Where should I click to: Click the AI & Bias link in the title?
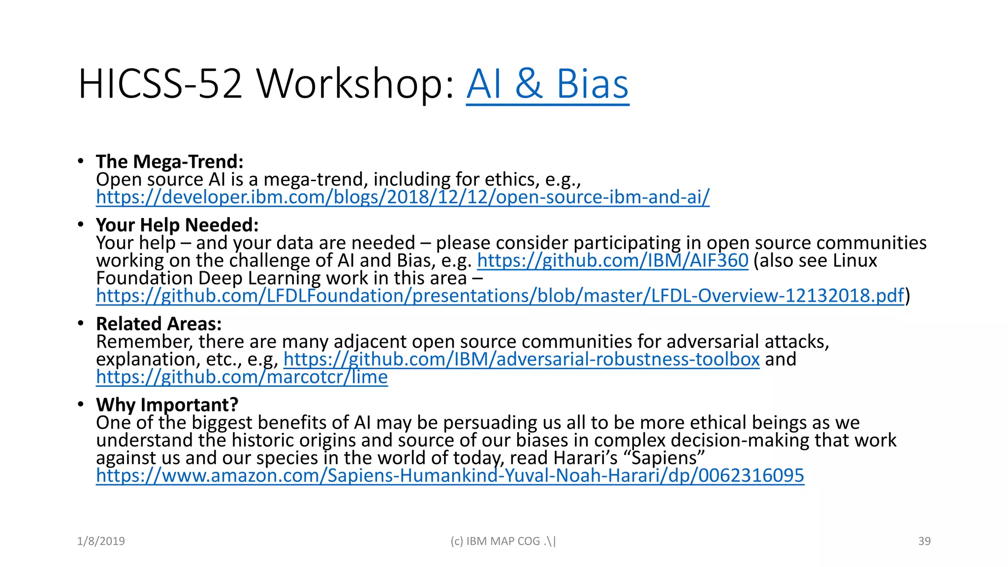(547, 84)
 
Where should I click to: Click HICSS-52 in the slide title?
(160, 84)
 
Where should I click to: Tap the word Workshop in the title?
(354, 84)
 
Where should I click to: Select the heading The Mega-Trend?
(170, 161)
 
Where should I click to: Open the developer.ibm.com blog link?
(403, 197)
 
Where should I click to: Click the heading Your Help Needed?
(177, 225)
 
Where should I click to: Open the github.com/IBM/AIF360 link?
(612, 260)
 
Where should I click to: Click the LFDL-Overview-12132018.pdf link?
(500, 296)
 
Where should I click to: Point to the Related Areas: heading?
(158, 324)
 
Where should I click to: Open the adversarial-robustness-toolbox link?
(521, 359)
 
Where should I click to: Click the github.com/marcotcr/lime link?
(242, 377)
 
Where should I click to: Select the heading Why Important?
(167, 405)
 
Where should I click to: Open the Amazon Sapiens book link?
(450, 475)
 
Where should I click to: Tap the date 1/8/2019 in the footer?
(101, 541)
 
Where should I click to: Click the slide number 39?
(924, 541)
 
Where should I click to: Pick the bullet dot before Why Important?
(81, 405)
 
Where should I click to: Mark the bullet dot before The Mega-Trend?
(81, 161)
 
